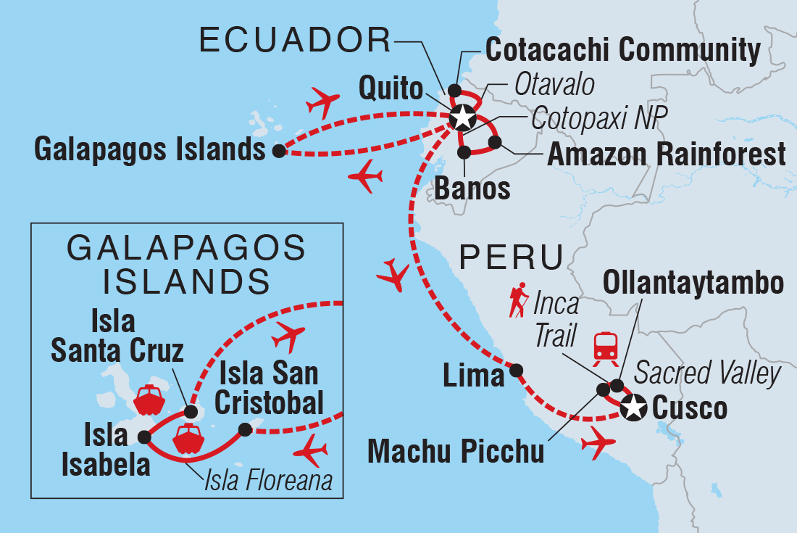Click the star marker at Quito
[x=462, y=117]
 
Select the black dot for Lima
[x=516, y=371]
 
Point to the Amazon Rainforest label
[x=667, y=154]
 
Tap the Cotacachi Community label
[x=622, y=51]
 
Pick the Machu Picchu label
[x=456, y=450]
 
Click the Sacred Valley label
[x=708, y=373]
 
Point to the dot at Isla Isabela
[x=144, y=437]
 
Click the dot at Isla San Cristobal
[x=245, y=430]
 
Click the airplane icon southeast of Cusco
[x=598, y=442]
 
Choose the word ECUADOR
[x=293, y=42]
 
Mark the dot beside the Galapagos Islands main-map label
[x=278, y=151]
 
